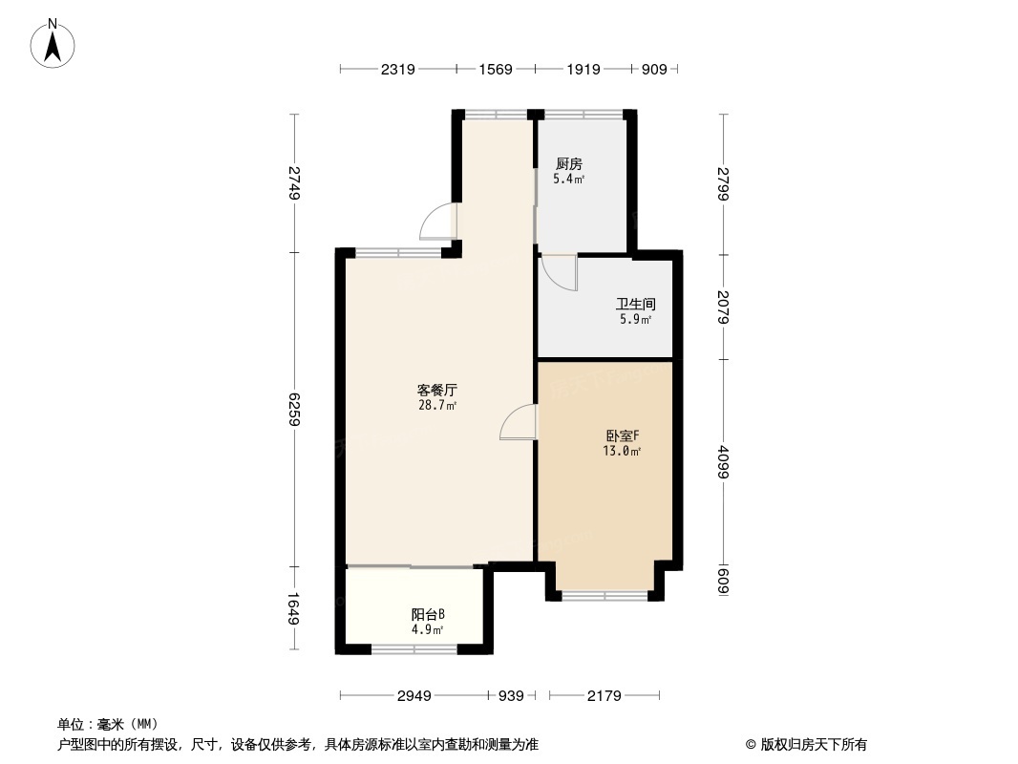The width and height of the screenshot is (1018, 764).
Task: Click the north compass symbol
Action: (x=53, y=44)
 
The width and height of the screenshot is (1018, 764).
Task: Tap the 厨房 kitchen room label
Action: (x=568, y=163)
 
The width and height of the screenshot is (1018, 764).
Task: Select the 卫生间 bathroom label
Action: (x=635, y=305)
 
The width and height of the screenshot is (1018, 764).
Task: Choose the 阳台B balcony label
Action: (x=427, y=614)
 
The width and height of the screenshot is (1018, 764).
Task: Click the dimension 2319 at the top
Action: (x=397, y=69)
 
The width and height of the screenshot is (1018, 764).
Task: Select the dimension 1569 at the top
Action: (x=496, y=69)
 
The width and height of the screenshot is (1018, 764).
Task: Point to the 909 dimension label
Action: (x=654, y=69)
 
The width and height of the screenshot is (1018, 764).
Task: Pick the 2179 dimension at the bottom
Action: (x=604, y=696)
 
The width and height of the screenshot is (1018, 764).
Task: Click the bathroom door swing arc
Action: (x=560, y=273)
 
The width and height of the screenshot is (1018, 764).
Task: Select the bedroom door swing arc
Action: (x=518, y=422)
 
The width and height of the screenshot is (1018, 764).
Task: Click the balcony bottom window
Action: (x=414, y=649)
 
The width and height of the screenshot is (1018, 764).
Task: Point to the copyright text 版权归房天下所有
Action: (x=806, y=745)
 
